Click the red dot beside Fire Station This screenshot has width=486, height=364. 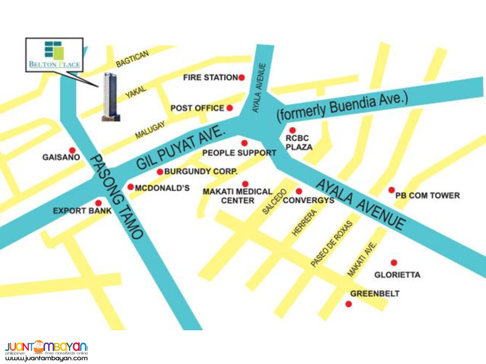point(241,78)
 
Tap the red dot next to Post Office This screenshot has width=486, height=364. point(230,108)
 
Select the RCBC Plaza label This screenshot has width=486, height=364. point(299,142)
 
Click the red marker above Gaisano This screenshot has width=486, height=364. point(72,150)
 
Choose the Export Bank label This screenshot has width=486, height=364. point(82,211)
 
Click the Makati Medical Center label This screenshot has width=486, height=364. point(237,196)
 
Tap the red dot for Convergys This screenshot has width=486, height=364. point(299,191)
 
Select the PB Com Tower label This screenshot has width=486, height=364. point(427,195)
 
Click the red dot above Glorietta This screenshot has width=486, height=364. point(394,263)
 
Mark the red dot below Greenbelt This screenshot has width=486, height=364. point(349,303)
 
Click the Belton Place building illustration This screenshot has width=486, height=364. point(111,97)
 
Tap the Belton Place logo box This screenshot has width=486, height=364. point(55,55)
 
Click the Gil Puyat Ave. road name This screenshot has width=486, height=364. point(181,149)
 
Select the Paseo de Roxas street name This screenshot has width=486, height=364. point(331,243)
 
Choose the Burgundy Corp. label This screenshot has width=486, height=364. point(201,171)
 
